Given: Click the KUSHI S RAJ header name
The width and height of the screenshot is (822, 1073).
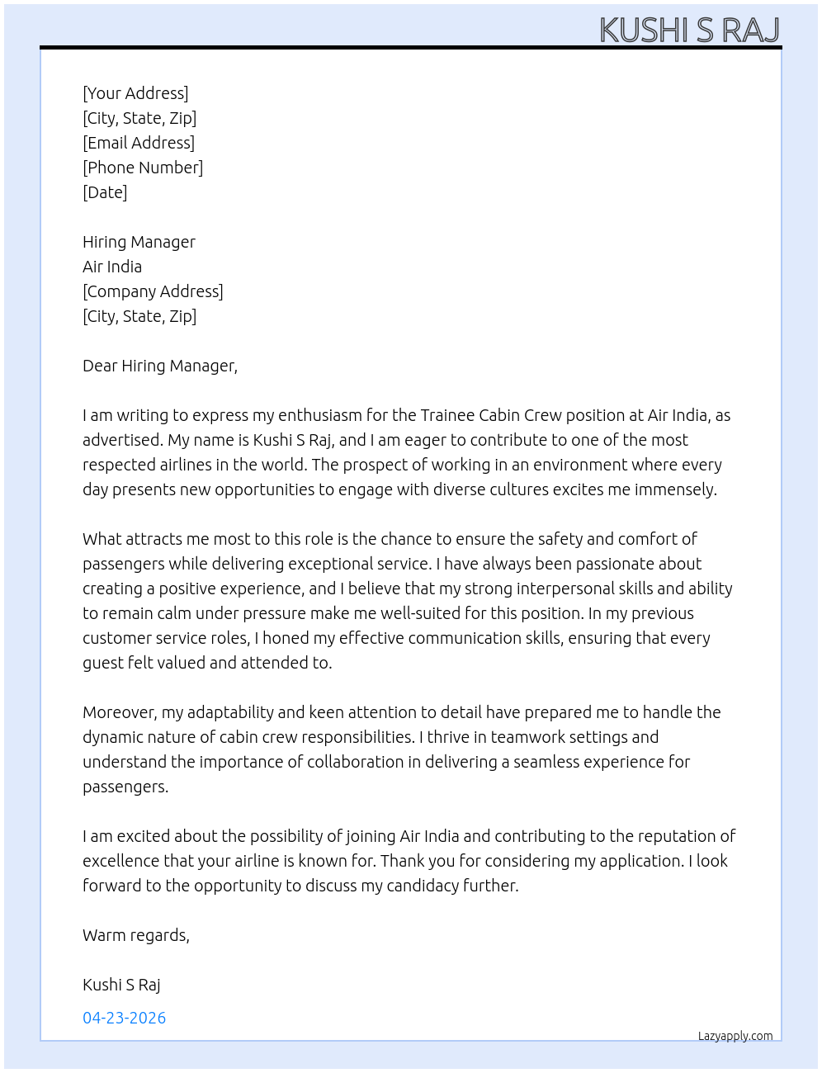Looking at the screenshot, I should [689, 30].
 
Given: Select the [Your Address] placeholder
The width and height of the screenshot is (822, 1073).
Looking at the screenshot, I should [135, 93].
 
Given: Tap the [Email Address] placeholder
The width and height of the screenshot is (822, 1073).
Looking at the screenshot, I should [139, 143].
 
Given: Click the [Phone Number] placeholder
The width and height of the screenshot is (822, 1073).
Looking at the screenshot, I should [143, 168].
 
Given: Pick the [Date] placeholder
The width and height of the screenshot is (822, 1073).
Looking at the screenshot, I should [105, 192].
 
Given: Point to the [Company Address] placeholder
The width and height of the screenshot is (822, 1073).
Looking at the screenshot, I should [153, 291].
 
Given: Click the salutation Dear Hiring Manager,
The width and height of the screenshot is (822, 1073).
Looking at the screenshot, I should [160, 366].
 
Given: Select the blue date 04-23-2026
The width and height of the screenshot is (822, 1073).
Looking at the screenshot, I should [125, 1018].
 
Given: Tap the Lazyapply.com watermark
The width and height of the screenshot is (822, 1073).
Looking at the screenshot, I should [735, 1036].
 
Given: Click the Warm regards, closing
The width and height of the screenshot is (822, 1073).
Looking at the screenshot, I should [136, 935].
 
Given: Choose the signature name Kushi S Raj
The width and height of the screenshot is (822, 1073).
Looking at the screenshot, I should [121, 985].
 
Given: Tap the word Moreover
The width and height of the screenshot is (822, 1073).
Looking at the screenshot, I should [120, 712].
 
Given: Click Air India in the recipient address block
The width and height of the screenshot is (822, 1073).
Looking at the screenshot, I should [112, 267].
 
